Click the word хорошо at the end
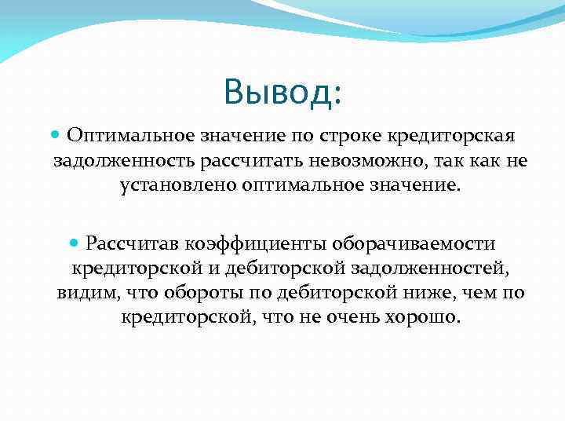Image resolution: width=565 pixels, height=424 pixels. point(423,319)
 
